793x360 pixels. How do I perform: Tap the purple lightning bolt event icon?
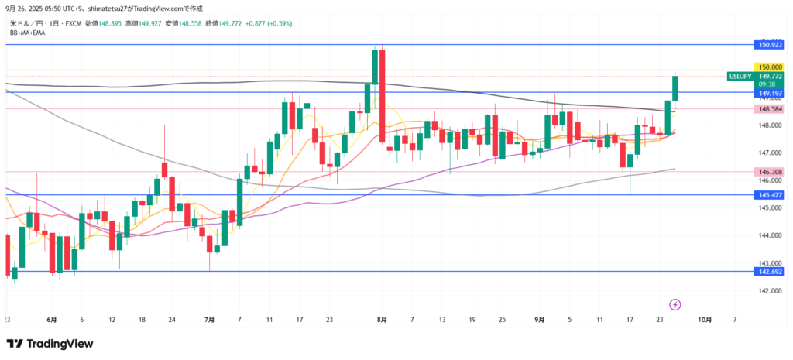tap(675, 304)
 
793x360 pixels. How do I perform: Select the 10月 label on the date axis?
tap(704, 319)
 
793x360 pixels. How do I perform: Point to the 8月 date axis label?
tap(381, 319)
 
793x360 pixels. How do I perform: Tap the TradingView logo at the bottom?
tap(50, 343)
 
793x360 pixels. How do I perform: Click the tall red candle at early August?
tap(382, 96)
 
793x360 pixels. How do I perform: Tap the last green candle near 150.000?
tap(675, 88)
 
